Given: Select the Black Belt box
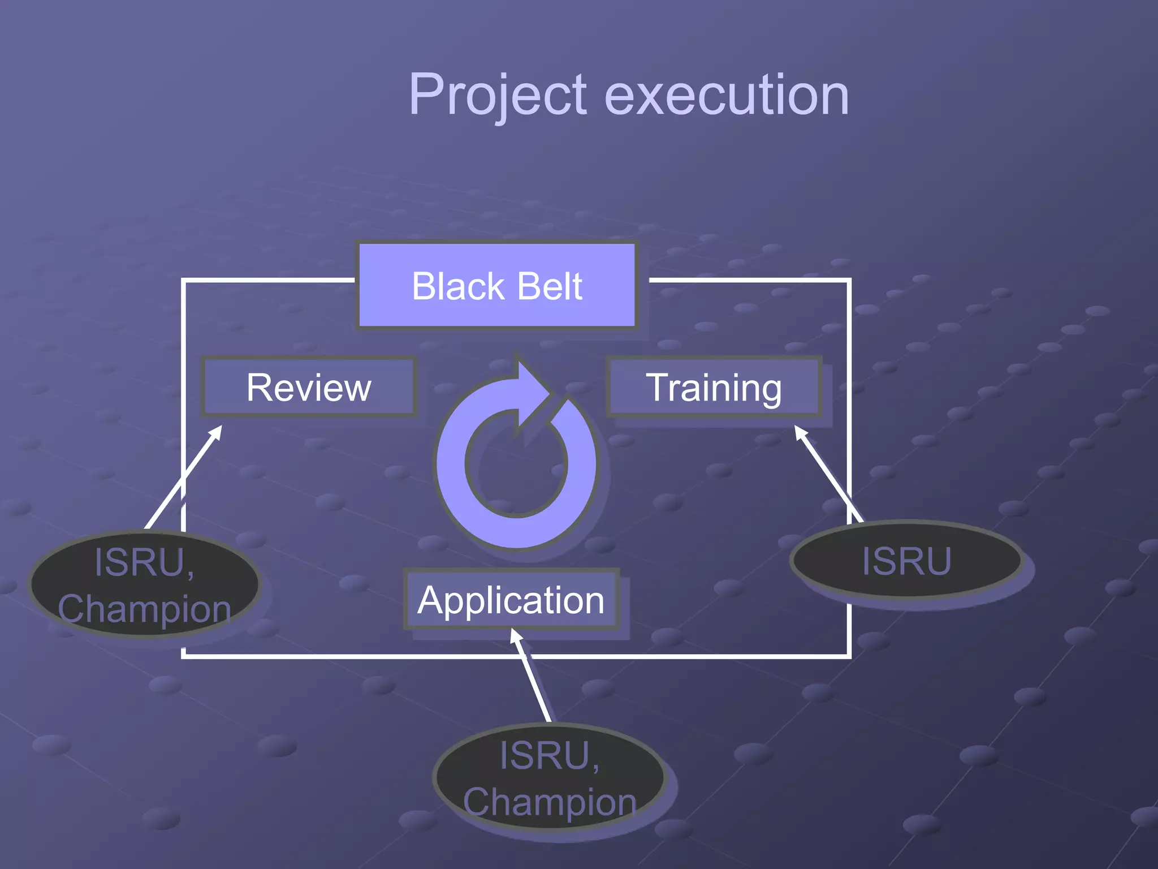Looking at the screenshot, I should (x=496, y=286).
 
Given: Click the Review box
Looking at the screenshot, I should (x=309, y=388).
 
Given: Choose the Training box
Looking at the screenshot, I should (x=714, y=388).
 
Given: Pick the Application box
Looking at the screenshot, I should (x=511, y=600).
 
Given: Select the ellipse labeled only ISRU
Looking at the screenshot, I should (x=906, y=561).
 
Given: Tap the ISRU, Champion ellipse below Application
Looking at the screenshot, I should (x=550, y=778).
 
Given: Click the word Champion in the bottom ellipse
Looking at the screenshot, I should (x=550, y=802).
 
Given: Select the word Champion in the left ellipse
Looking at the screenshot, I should (x=144, y=609).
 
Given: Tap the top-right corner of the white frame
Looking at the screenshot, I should (x=849, y=280).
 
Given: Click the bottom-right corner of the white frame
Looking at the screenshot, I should (x=849, y=656).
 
